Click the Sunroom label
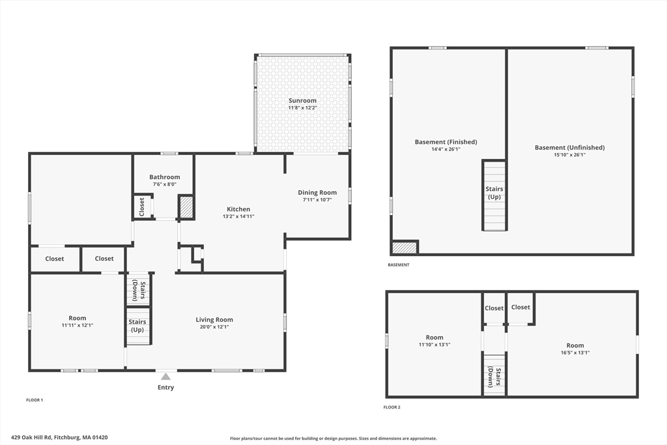pyautogui.click(x=302, y=101)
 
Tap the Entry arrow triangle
pyautogui.click(x=165, y=377)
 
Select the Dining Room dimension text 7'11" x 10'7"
pyautogui.click(x=317, y=199)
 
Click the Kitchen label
pyautogui.click(x=238, y=209)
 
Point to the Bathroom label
pyautogui.click(x=165, y=177)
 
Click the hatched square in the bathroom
pyautogui.click(x=186, y=207)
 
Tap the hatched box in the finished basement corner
pyautogui.click(x=404, y=248)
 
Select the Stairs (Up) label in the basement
pyautogui.click(x=494, y=193)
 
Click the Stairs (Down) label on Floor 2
pyautogui.click(x=494, y=377)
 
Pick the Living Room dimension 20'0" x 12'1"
pyautogui.click(x=214, y=326)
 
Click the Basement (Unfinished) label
pyautogui.click(x=569, y=148)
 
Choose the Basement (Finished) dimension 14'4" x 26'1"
pyautogui.click(x=446, y=149)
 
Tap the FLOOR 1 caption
pyautogui.click(x=35, y=400)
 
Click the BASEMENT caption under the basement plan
pyautogui.click(x=399, y=265)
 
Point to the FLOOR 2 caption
pyautogui.click(x=391, y=407)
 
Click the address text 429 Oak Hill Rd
pyautogui.click(x=31, y=437)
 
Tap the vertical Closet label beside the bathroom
pyautogui.click(x=142, y=207)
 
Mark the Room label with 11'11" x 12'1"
pyautogui.click(x=78, y=318)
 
